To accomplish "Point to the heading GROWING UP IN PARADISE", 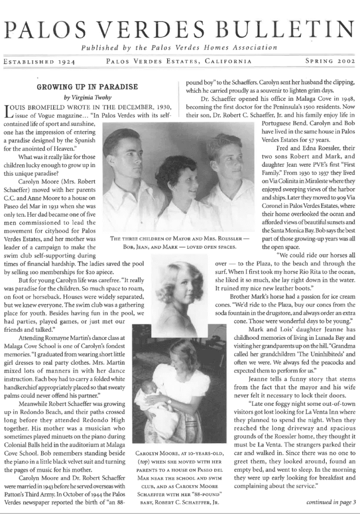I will click(87, 87).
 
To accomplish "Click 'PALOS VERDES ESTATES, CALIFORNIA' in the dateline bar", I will click(179, 61).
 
